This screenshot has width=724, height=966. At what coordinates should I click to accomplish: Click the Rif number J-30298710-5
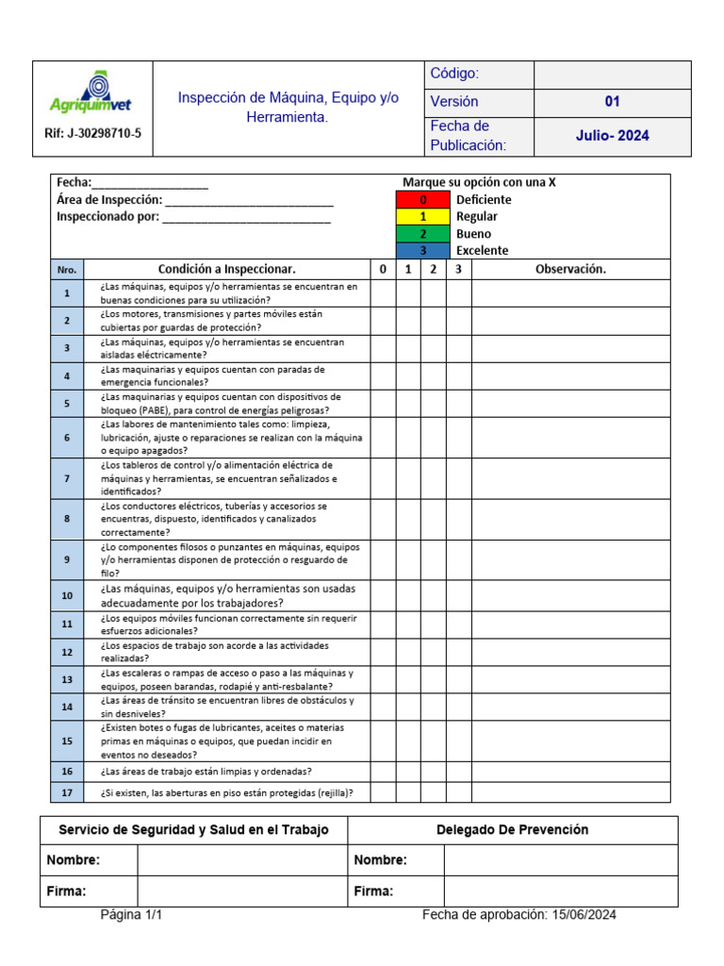tap(92, 133)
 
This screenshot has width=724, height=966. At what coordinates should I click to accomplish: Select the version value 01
tap(612, 101)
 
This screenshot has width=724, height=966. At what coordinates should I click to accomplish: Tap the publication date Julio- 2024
tap(612, 136)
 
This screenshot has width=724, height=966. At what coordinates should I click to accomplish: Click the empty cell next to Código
tap(612, 74)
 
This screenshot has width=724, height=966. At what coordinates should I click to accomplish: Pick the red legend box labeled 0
tap(422, 199)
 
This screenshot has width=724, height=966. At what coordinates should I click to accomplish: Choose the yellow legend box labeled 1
tap(422, 216)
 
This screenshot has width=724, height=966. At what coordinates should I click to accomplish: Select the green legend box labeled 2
tap(422, 233)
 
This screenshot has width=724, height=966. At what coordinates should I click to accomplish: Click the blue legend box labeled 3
tap(422, 250)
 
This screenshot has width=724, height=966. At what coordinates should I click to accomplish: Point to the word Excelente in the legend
tap(482, 250)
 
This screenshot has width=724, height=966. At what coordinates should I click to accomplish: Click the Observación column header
tap(570, 269)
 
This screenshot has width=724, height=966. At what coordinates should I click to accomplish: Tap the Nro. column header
tap(67, 269)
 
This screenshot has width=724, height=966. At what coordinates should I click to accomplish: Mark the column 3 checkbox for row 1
tap(458, 293)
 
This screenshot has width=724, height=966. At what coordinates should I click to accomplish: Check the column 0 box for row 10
tap(383, 596)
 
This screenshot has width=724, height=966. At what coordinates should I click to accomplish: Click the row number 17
tap(67, 792)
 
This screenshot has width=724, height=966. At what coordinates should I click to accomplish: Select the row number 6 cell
tap(67, 438)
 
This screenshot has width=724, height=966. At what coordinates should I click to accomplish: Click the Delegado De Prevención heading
tap(512, 830)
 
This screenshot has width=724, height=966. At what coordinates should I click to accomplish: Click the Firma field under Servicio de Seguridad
tap(242, 891)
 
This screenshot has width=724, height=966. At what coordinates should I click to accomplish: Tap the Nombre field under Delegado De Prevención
tap(560, 859)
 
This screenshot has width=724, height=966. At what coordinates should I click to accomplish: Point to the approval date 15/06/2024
tap(583, 914)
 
